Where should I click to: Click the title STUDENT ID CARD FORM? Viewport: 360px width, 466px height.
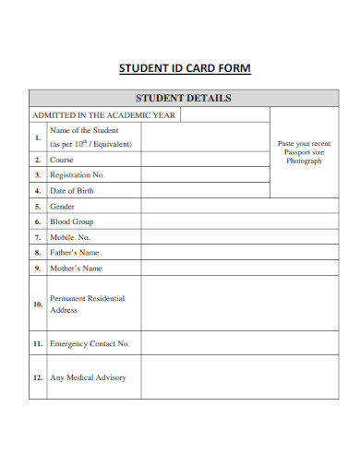point(185,68)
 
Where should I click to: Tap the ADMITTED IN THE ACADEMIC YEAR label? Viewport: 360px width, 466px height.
point(104,115)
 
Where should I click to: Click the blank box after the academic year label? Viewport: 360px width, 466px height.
point(224,115)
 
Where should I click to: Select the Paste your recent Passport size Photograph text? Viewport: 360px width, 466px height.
point(303,152)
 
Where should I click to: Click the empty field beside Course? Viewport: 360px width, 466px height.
point(205,159)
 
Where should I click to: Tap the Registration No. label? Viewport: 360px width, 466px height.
point(78,174)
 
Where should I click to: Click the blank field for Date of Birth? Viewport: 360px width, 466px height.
point(205,190)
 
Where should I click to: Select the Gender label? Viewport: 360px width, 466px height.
point(63,207)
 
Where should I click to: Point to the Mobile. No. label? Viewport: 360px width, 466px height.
point(73,237)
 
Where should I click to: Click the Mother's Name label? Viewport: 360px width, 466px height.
point(76,269)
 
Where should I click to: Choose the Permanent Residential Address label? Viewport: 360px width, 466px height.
point(87,305)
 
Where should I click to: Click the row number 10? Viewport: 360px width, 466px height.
point(38,304)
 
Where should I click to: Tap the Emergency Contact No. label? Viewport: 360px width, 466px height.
point(90,343)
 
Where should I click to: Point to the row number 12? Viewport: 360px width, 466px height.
point(38,377)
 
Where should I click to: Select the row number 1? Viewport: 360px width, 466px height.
point(38,137)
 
